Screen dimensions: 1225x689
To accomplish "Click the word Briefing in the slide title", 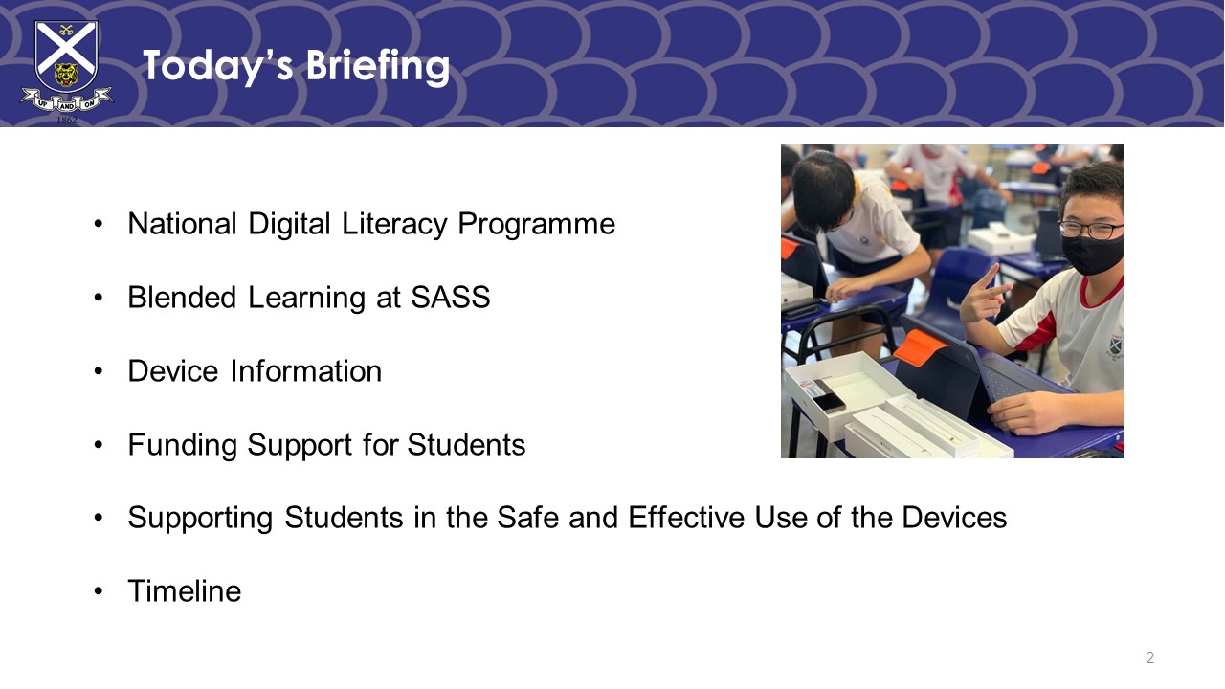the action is [x=377, y=67].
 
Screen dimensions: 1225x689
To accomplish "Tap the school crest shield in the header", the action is [x=66, y=56].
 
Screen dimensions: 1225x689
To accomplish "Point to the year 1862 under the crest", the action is [x=67, y=120].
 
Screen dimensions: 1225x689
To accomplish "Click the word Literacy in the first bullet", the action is [x=394, y=224].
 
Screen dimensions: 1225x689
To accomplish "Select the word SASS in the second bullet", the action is [x=450, y=298].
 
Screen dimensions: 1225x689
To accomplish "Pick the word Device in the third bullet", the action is [x=173, y=371].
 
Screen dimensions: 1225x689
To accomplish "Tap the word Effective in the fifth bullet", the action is [x=686, y=518].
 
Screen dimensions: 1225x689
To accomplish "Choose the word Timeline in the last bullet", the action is [x=185, y=591].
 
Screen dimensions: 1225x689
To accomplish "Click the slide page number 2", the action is [x=1149, y=657].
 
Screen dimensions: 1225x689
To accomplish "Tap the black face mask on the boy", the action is [x=1092, y=254].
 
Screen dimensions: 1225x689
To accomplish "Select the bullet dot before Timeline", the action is [x=99, y=591].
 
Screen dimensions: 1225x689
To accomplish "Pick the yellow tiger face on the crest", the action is [x=66, y=76].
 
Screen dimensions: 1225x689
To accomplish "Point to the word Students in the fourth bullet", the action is [x=466, y=445].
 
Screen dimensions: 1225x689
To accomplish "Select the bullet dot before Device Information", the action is [x=99, y=371].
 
